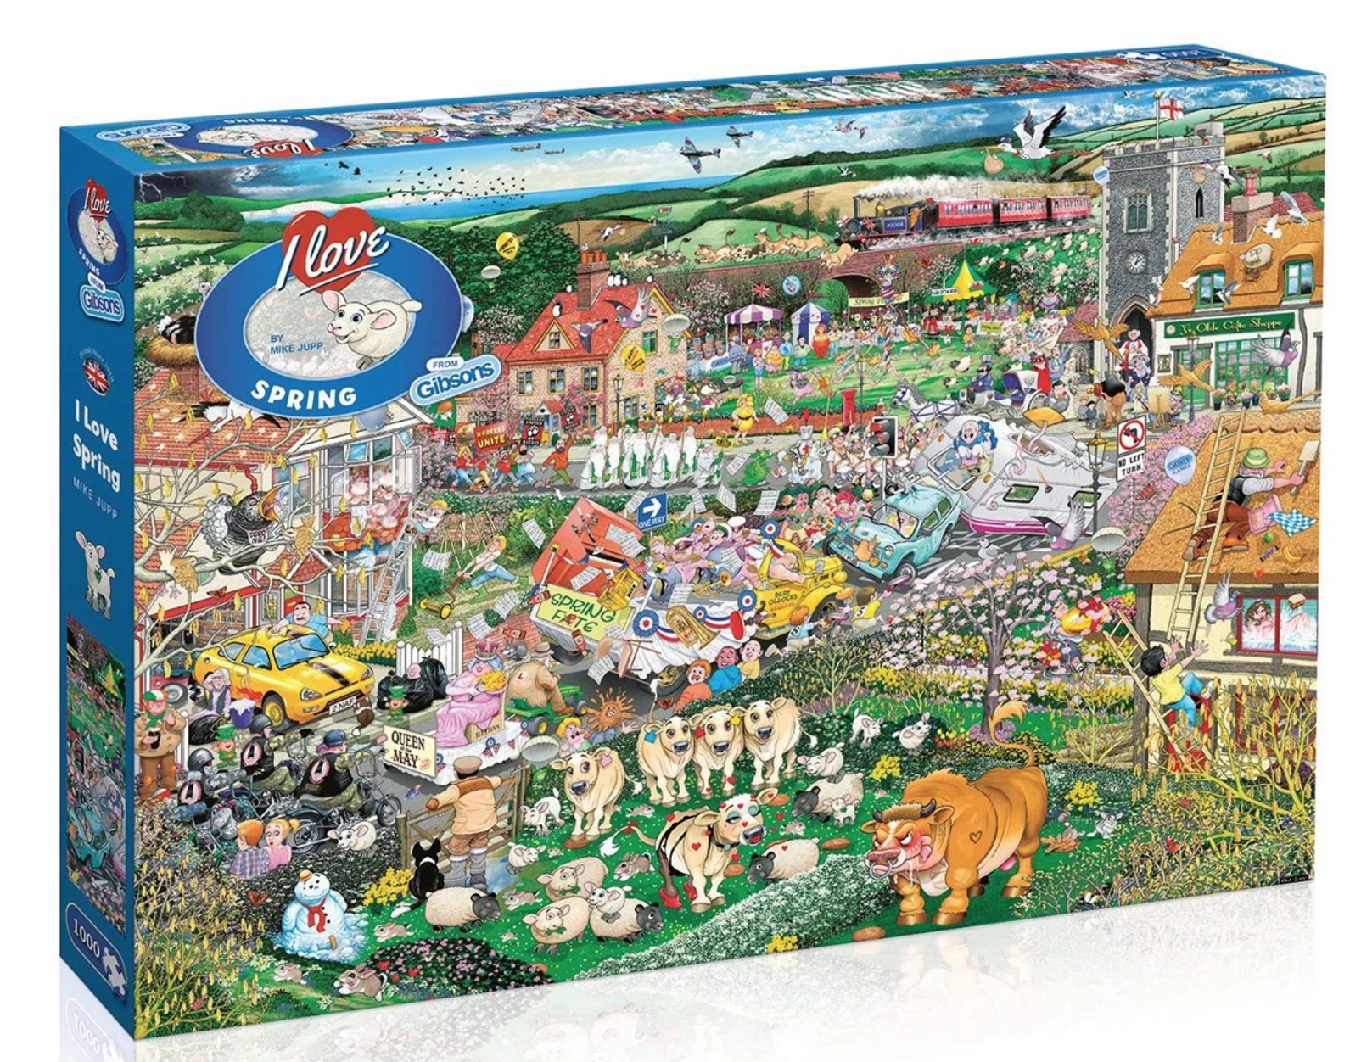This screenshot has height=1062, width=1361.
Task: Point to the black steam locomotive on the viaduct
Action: (882, 218)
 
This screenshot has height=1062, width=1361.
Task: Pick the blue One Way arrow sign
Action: (652, 510)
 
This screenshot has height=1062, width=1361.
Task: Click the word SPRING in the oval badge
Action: (304, 394)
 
